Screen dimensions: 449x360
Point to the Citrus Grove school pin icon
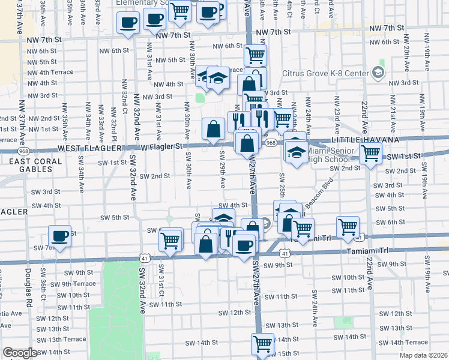tap(378, 73)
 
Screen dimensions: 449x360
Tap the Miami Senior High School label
tap(329, 158)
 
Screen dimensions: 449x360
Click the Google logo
tap(20, 353)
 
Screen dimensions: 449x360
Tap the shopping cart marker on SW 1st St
tap(371, 153)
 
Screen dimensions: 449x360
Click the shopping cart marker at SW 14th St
tap(262, 344)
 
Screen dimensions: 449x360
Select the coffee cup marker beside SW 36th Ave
tap(59, 236)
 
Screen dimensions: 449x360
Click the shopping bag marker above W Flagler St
tap(213, 128)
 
